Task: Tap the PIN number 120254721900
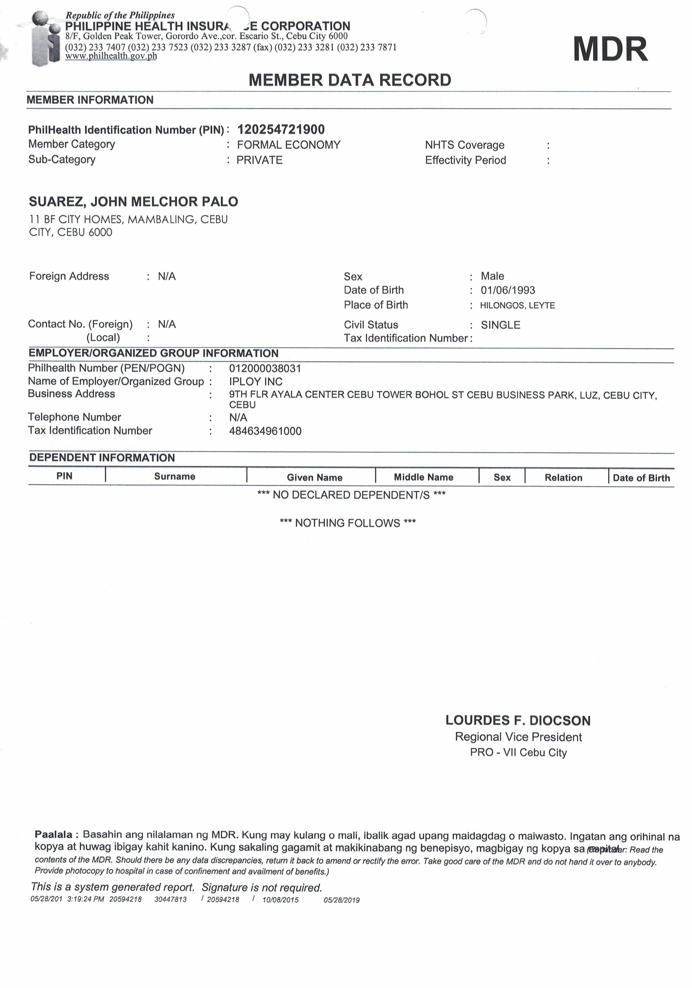point(281,130)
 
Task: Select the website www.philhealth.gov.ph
point(111,56)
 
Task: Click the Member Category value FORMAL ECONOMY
point(289,145)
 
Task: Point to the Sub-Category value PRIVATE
point(259,160)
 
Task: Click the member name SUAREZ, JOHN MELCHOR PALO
point(133,202)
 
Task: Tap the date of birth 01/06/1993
point(508,290)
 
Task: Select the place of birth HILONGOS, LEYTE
point(517,306)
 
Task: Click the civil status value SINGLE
point(500,325)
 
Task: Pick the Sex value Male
point(492,276)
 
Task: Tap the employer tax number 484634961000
point(265,431)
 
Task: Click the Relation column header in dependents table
point(563,478)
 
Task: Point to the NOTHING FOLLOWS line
point(348,523)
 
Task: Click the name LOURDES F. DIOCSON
point(518,720)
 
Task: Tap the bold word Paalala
point(53,834)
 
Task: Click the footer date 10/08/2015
point(280,900)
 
